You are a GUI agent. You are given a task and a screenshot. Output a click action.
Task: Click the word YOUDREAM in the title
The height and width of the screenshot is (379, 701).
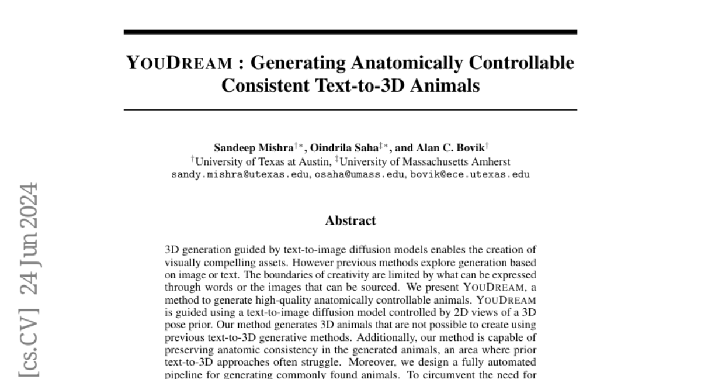tap(179, 63)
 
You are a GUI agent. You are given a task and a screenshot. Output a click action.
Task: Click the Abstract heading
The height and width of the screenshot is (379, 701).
tap(350, 220)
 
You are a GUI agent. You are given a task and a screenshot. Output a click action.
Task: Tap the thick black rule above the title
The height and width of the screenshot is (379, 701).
tap(350, 32)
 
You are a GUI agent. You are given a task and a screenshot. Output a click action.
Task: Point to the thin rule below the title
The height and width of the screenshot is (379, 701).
tap(350, 110)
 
